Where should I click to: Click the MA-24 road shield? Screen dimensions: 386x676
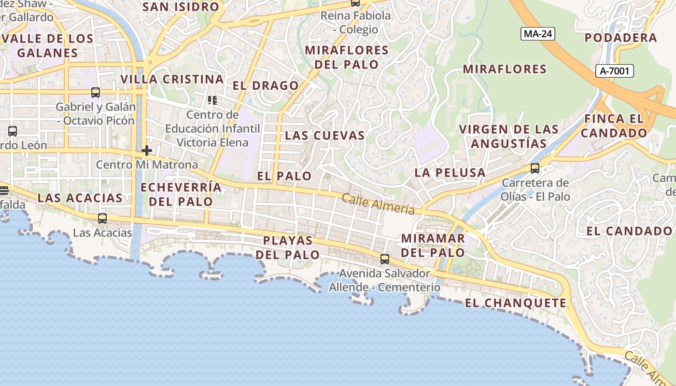538,34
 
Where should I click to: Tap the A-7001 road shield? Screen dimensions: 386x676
614,71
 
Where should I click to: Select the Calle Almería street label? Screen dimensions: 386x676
379,204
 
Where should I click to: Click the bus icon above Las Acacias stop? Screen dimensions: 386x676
102,219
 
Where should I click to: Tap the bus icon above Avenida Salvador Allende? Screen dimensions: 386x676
385,259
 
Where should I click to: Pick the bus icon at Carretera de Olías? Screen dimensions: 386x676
535,168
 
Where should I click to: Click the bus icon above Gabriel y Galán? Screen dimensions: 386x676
96,93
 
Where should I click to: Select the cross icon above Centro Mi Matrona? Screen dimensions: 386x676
147,151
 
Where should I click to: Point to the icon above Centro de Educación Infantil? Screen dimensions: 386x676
212,100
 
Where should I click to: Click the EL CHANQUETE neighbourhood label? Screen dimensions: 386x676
516,303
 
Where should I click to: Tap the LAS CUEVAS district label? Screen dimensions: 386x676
325,136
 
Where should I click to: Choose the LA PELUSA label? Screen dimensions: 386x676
450,173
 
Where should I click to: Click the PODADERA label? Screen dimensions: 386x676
621,38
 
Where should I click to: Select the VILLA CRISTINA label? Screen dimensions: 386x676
172,79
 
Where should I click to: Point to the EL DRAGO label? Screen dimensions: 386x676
266,86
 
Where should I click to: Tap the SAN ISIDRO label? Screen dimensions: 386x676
181,7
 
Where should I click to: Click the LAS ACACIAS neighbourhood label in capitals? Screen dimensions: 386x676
80,198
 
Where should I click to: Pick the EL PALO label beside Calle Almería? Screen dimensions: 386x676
284,176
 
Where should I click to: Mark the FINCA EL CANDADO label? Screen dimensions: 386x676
614,125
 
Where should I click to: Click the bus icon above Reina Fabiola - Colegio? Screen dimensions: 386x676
355,3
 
